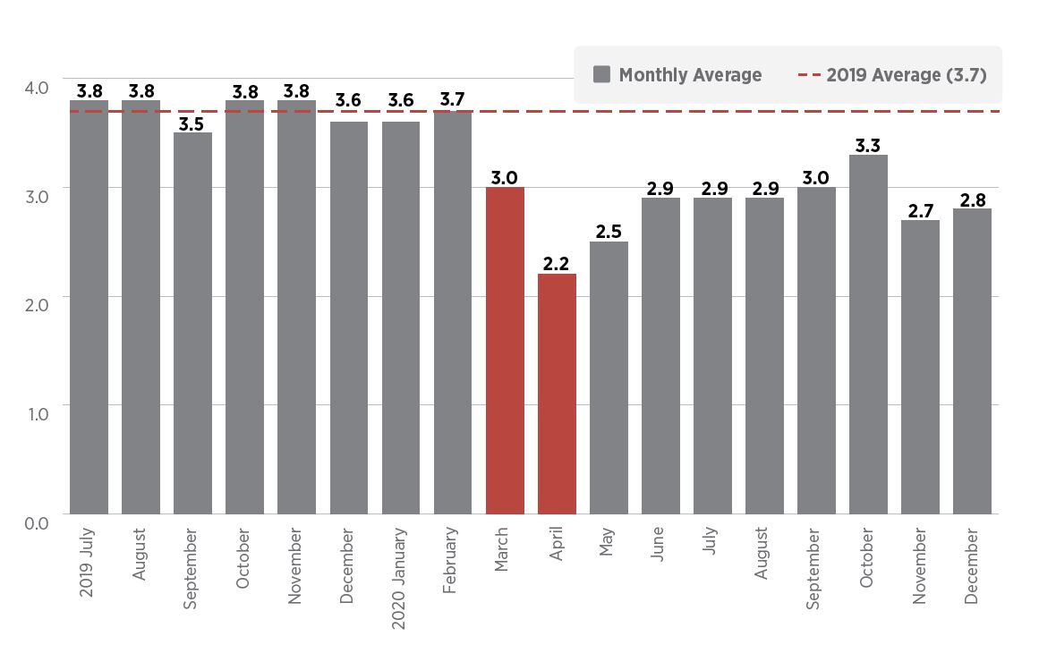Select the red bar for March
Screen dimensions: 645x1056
505,351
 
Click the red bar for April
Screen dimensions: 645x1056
557,394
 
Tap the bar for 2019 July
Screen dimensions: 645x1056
89,307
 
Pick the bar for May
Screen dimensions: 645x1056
609,378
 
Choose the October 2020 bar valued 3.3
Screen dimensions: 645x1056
868,335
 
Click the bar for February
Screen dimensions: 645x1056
453,312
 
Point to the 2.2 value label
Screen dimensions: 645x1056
557,263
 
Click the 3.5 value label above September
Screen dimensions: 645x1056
192,123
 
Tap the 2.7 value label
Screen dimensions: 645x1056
920,210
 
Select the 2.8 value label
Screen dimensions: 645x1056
972,199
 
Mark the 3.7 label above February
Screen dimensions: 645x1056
453,99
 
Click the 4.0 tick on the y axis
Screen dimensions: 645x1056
37,88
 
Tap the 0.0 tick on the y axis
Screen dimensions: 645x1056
37,521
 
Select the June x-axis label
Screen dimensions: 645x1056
659,545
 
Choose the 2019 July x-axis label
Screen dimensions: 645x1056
88,562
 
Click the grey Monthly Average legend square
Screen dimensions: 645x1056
601,75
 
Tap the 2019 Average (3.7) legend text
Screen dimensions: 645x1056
906,75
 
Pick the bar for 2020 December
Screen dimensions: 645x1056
972,361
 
